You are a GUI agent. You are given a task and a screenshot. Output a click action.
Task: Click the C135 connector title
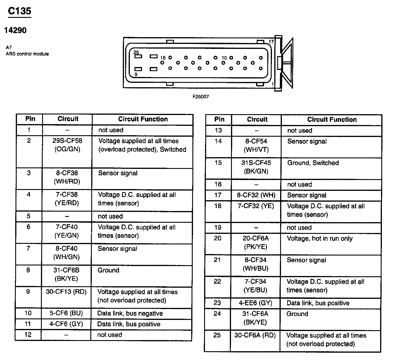[19, 11]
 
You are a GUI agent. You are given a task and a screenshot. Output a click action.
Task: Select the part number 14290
[15, 30]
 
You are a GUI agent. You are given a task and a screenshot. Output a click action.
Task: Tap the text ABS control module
[27, 54]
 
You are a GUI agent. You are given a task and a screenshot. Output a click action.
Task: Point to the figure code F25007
[201, 97]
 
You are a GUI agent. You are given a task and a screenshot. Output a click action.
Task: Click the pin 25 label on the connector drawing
[136, 52]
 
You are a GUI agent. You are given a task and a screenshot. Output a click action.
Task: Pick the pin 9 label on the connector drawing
[136, 74]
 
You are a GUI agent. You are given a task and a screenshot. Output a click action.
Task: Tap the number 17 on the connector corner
[271, 42]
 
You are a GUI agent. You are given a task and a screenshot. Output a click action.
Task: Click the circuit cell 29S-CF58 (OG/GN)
[67, 145]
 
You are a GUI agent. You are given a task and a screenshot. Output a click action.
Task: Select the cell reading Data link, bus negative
[130, 313]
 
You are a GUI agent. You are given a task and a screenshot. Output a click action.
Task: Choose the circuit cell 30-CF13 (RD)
[66, 292]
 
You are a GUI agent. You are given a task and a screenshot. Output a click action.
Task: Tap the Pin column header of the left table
[30, 119]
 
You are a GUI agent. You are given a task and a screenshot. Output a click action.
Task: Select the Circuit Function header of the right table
[332, 119]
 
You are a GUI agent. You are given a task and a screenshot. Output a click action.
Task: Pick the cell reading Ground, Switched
[313, 163]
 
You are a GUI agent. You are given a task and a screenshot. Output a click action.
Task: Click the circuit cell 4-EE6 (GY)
[256, 303]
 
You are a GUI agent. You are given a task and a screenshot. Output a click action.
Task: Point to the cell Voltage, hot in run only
[320, 239]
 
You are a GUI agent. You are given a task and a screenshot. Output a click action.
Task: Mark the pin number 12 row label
[28, 335]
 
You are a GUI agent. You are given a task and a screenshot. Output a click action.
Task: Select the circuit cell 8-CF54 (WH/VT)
[256, 145]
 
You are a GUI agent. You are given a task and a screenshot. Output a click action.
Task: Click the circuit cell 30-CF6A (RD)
[255, 335]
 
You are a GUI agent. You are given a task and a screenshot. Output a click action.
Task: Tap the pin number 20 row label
[218, 238]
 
